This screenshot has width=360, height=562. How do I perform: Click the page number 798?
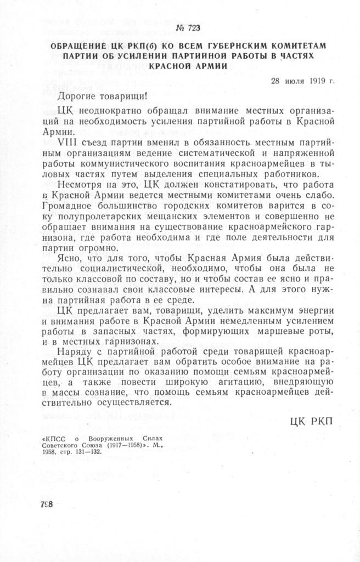(x=46, y=504)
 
